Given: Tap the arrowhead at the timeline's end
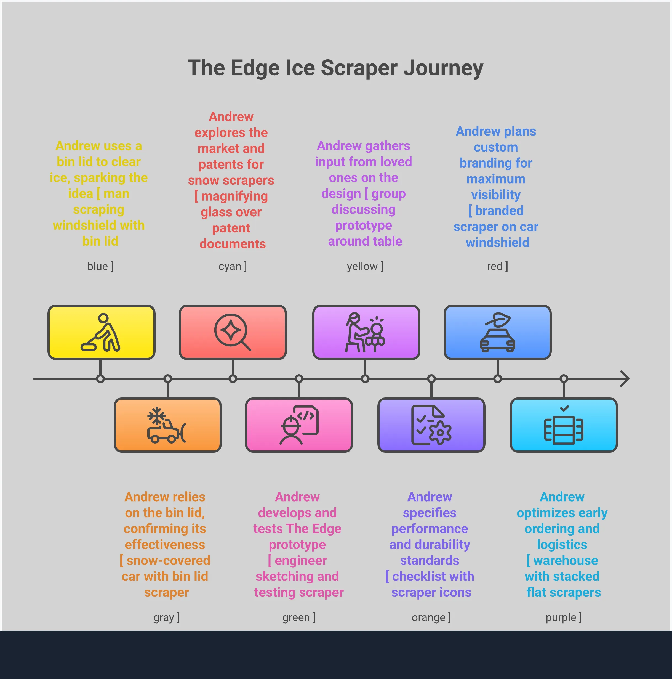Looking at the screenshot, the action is (625, 378).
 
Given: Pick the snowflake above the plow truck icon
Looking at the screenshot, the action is (157, 416).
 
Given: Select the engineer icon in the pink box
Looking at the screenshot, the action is (299, 425).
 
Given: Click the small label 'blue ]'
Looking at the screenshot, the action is (100, 266).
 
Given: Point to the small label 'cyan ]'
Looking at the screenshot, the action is (233, 266).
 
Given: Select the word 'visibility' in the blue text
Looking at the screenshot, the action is (496, 195).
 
